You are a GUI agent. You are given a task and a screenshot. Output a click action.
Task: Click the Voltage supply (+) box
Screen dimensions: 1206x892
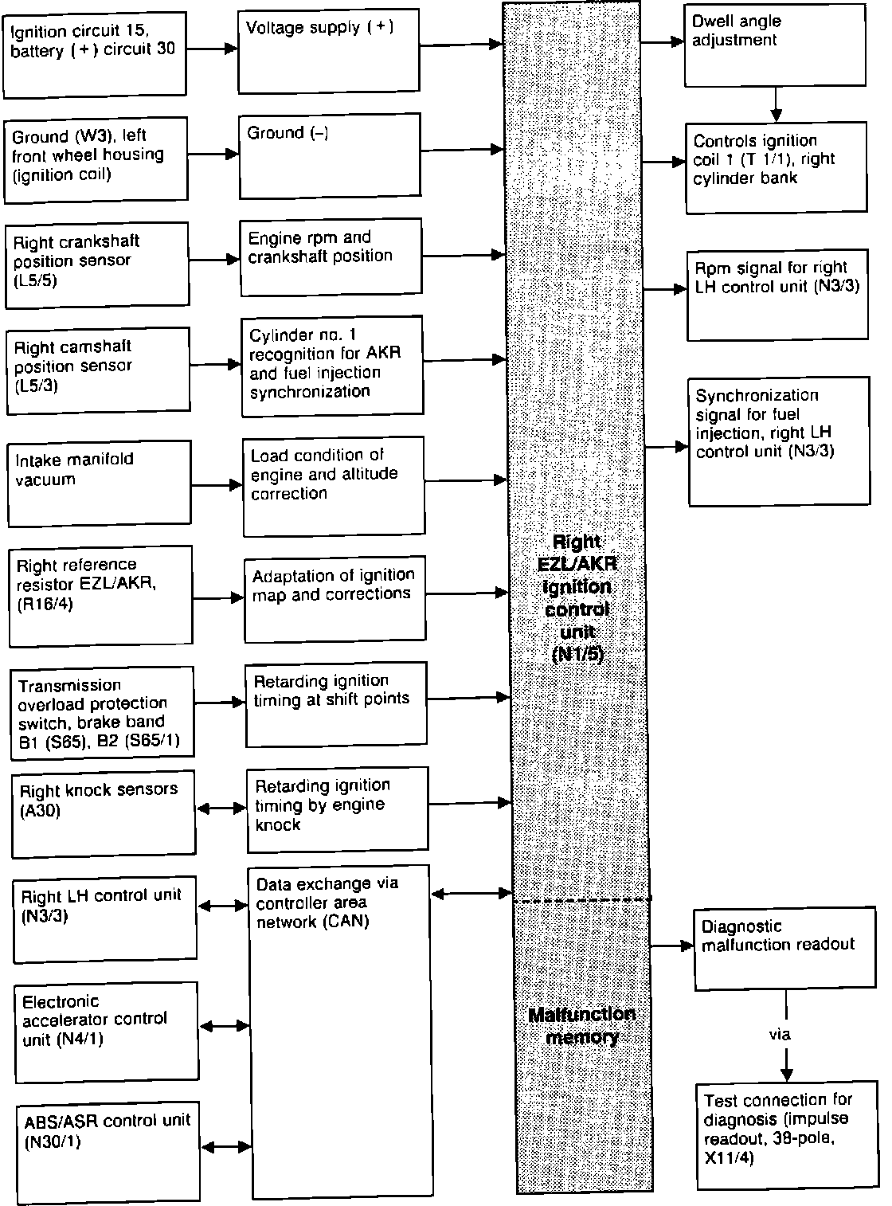(329, 51)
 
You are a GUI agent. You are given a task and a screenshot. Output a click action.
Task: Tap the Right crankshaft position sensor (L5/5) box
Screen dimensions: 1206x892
(97, 264)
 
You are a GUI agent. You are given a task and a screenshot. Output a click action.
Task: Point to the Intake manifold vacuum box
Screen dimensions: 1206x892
(100, 483)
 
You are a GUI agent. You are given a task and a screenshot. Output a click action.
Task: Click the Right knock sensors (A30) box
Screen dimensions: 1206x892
(104, 812)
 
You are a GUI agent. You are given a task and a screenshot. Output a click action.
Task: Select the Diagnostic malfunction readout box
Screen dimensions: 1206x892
(779, 949)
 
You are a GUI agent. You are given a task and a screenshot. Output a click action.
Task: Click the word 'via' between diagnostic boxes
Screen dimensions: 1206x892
(780, 1034)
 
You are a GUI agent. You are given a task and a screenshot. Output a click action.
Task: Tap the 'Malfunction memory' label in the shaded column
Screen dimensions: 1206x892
(582, 1025)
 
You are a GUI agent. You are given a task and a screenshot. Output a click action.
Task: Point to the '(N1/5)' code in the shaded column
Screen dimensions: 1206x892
(578, 655)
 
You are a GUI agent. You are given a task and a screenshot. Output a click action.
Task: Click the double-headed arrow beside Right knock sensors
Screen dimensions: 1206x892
(221, 809)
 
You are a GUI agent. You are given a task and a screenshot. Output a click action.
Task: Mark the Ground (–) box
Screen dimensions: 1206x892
(330, 154)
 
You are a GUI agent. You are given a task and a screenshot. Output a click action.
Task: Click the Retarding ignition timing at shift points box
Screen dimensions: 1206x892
(335, 704)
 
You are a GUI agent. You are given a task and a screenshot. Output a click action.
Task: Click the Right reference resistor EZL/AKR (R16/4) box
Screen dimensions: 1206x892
(100, 595)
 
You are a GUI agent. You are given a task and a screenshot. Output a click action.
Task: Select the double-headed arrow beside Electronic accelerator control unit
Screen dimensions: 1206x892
(225, 1027)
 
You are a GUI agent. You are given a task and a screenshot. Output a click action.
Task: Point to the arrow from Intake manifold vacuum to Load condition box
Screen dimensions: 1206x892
(217, 484)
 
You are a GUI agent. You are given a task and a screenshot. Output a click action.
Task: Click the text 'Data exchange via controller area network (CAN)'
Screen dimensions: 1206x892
(327, 903)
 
